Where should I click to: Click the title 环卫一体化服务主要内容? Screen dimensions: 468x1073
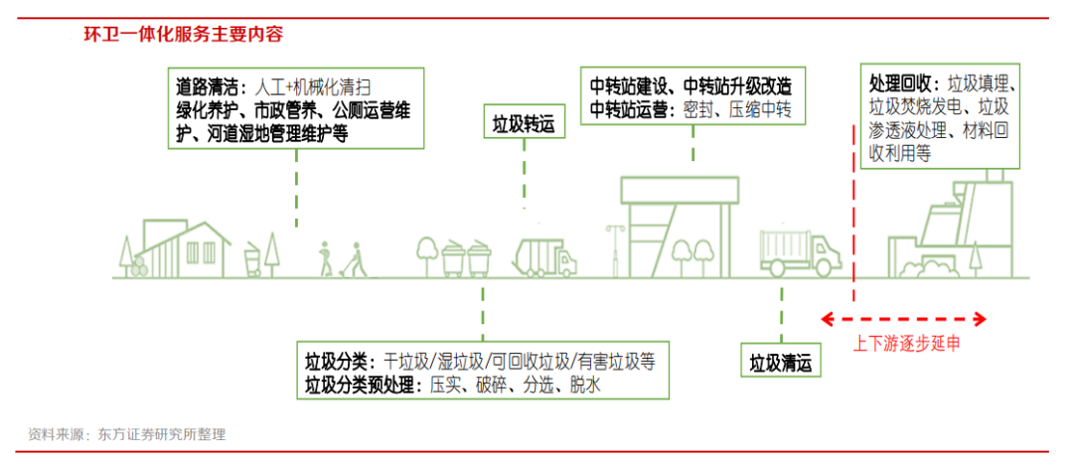point(183,34)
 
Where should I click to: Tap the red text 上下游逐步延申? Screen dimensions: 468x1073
point(907,344)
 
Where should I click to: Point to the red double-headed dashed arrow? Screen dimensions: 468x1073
point(902,319)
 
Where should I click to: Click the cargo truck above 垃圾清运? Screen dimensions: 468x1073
point(799,252)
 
